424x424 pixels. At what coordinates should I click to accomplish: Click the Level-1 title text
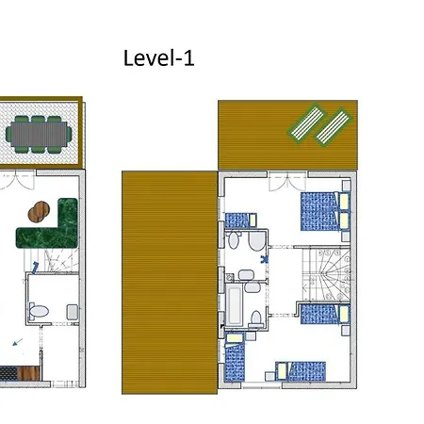[159, 58]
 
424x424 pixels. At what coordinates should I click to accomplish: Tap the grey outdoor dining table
[39, 134]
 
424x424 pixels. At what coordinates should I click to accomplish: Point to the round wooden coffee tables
[39, 212]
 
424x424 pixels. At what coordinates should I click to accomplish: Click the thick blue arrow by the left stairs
[35, 268]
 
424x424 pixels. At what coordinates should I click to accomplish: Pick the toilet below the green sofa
[39, 311]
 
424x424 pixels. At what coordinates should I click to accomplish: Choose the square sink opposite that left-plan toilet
[73, 312]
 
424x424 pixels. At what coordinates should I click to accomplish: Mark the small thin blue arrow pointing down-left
[18, 342]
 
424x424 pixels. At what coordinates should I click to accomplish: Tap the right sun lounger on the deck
[333, 127]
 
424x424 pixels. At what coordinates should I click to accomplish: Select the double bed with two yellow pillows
[325, 211]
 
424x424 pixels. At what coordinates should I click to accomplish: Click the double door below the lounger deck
[287, 182]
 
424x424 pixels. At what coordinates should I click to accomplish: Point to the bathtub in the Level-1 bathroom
[234, 305]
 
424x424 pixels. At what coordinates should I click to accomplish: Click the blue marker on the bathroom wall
[264, 259]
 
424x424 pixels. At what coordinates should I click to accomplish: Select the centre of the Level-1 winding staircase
[326, 274]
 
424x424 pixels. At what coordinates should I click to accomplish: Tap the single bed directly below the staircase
[325, 314]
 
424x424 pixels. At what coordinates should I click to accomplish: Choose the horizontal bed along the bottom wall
[301, 371]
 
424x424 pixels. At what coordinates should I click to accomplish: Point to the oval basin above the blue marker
[233, 240]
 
